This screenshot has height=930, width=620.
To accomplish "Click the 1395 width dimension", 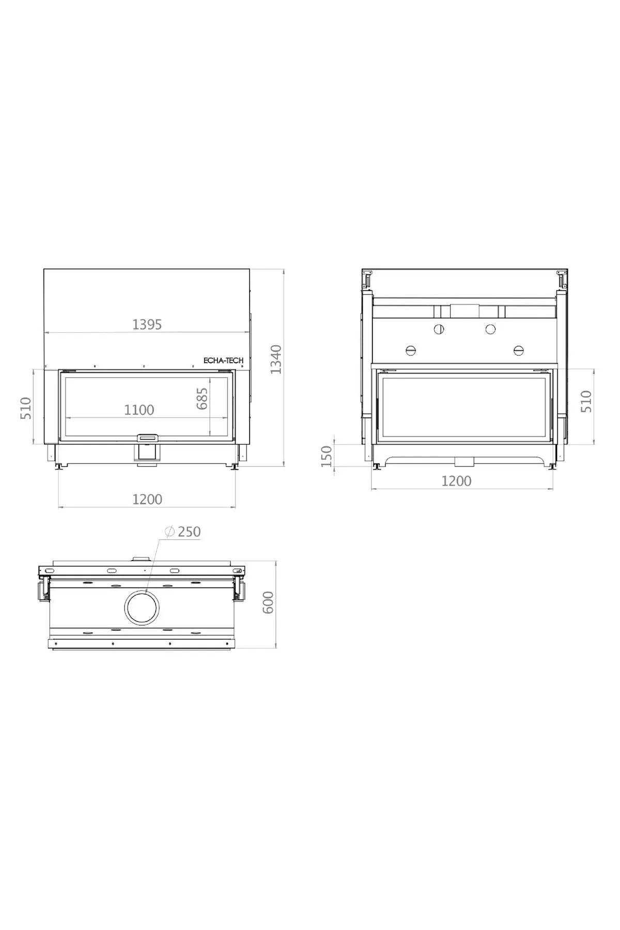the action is click(x=147, y=324).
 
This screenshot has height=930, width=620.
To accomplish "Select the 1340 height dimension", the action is click(x=276, y=359).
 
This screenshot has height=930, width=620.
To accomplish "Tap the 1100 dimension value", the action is click(x=139, y=410).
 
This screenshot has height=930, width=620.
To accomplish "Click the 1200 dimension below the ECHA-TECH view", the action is click(x=147, y=499).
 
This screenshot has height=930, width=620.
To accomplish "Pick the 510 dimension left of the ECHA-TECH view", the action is click(x=26, y=408).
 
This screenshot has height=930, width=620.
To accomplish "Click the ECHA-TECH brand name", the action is click(x=224, y=360).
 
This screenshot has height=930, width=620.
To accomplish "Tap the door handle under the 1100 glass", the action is click(x=148, y=438).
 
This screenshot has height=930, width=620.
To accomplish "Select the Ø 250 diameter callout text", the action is click(x=183, y=532).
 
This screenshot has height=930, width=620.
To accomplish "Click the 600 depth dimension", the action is click(x=269, y=602).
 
